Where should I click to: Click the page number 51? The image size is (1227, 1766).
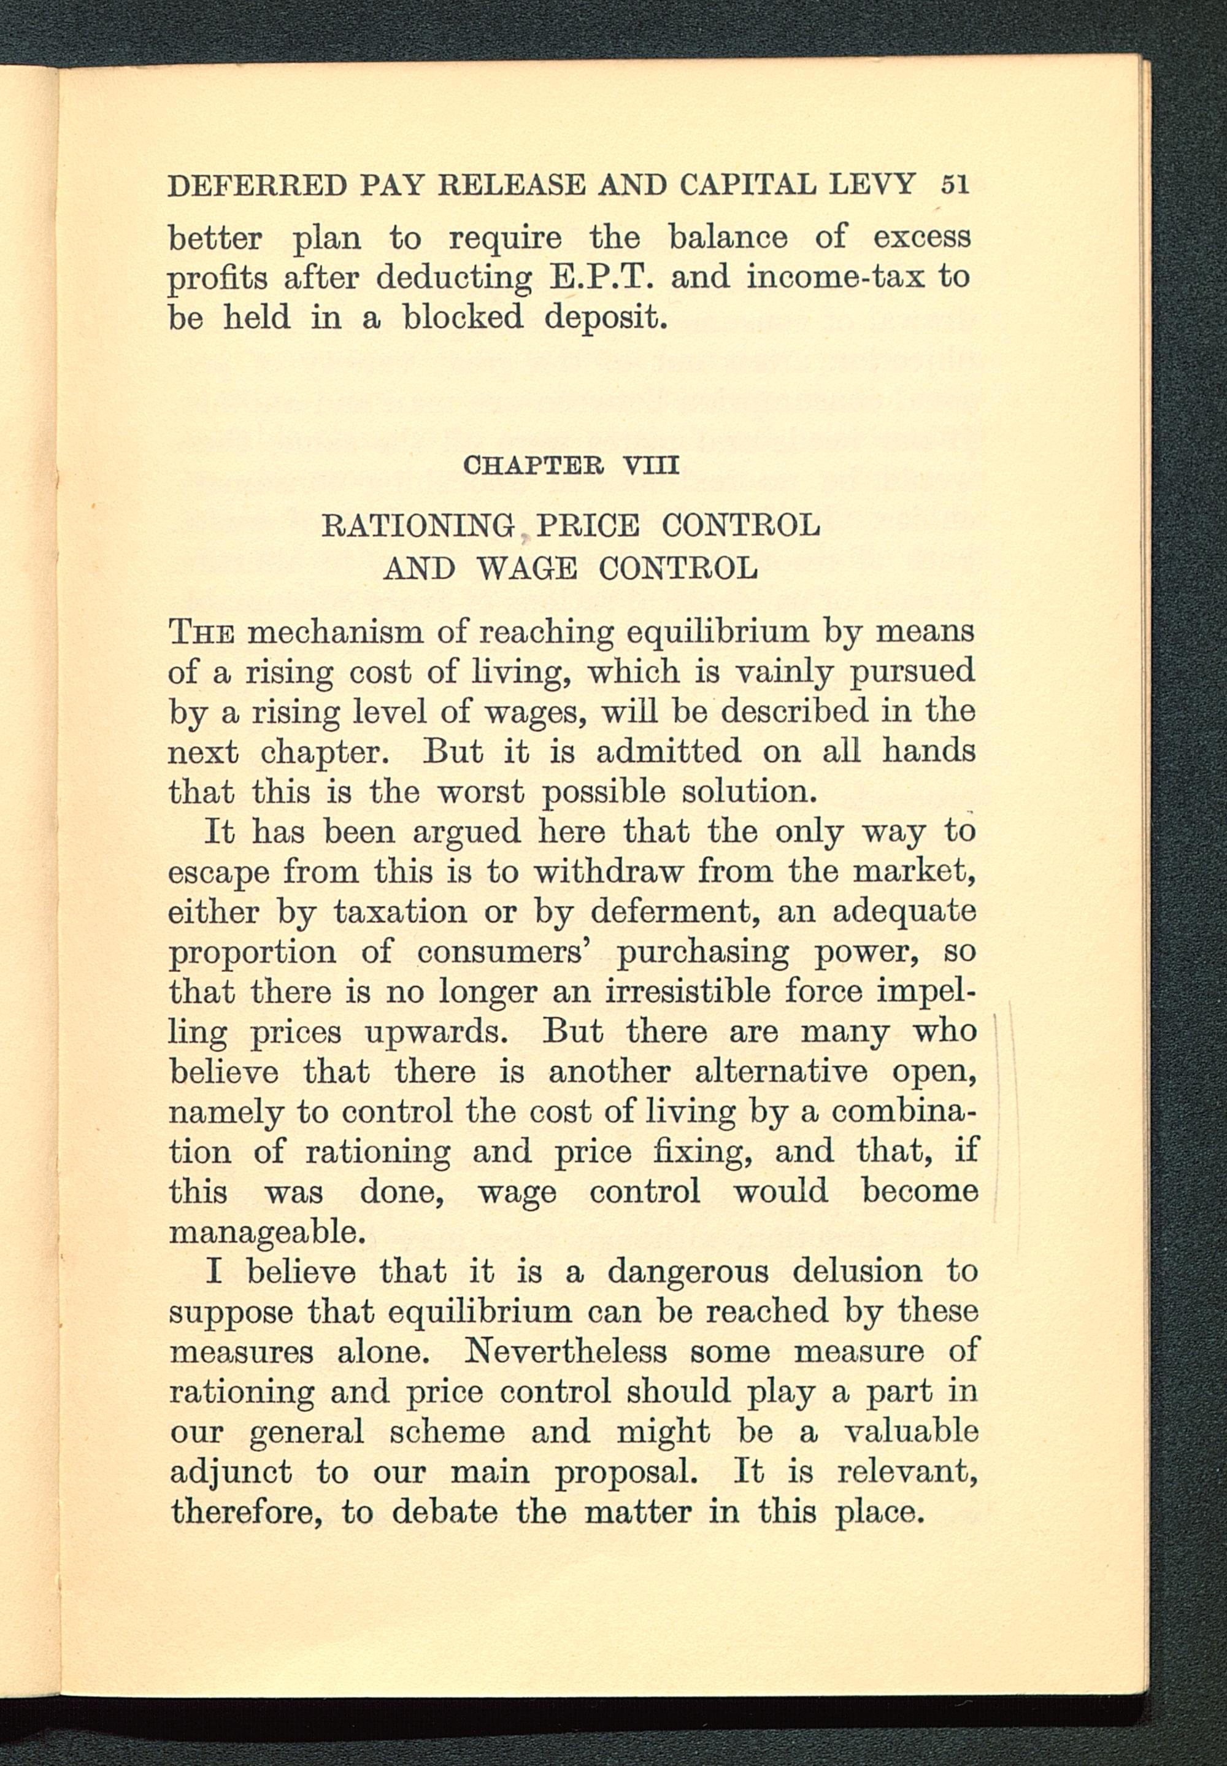click(954, 185)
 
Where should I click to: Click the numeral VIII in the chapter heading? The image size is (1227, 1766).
click(652, 466)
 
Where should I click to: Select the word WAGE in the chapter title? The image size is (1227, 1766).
click(526, 569)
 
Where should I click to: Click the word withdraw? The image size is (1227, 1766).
click(607, 872)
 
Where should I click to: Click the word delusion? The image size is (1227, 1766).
click(857, 1271)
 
